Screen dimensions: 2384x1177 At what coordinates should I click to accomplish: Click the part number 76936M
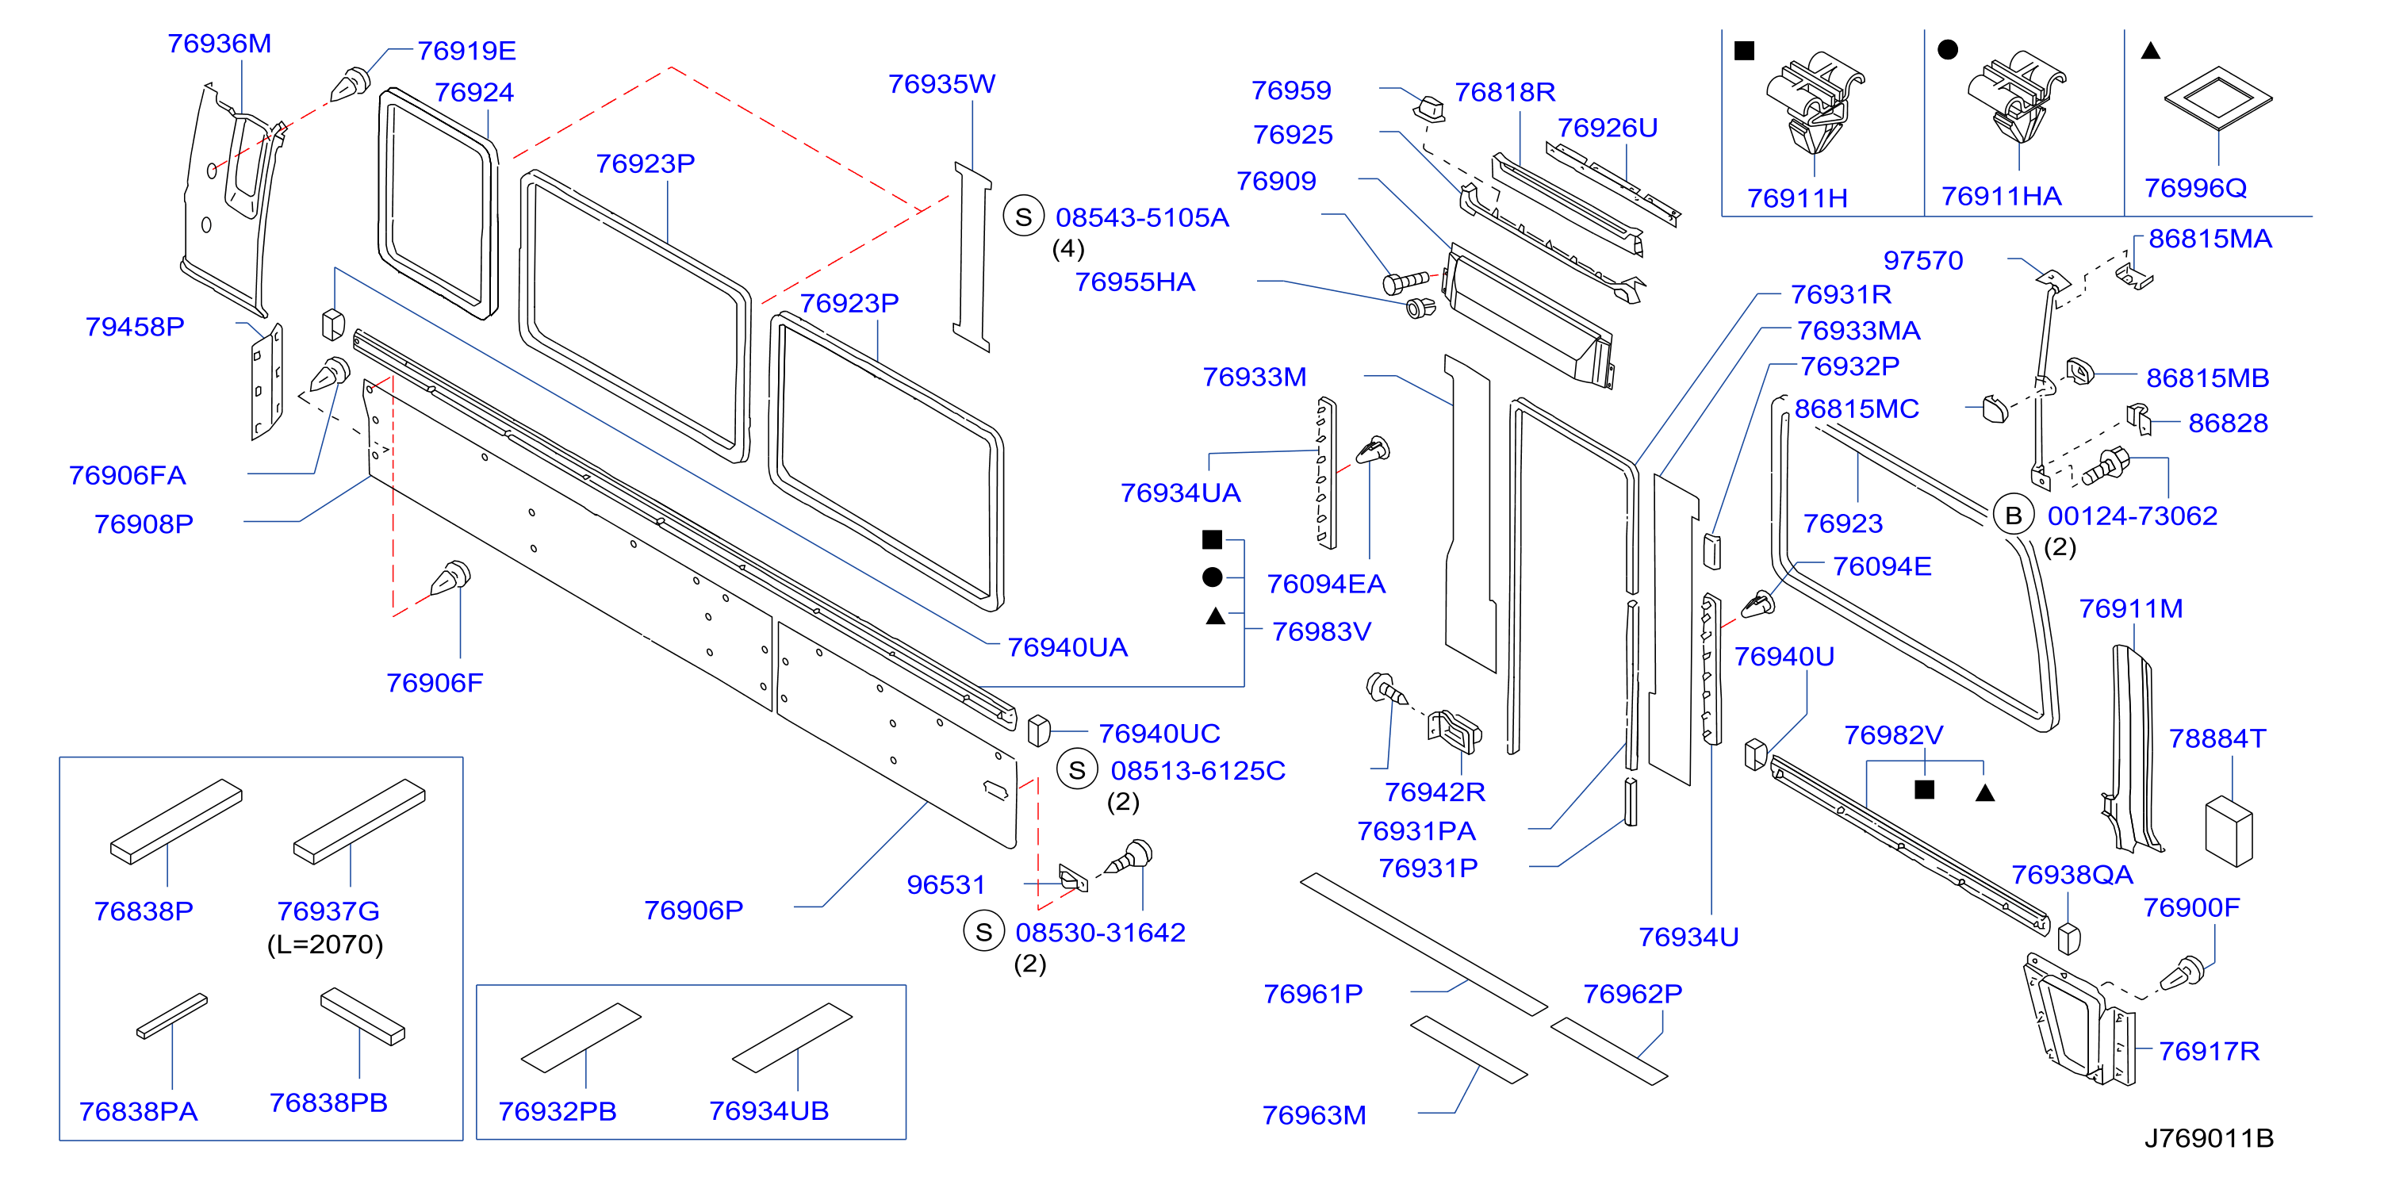click(220, 44)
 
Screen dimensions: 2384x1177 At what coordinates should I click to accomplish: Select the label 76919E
click(466, 51)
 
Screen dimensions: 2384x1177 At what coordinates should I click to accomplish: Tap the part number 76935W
click(941, 84)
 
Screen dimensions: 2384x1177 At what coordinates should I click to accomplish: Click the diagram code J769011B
click(2209, 1137)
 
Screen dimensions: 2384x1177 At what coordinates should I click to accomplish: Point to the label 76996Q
click(2195, 188)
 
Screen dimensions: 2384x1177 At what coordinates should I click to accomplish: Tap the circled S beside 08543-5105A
click(1024, 217)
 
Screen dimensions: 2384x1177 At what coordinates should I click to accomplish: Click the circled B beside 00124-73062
click(2013, 516)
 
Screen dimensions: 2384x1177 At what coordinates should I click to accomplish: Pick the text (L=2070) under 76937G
click(325, 945)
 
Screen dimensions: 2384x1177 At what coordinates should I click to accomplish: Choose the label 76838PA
click(139, 1111)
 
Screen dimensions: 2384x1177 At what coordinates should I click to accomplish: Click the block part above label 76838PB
click(362, 1015)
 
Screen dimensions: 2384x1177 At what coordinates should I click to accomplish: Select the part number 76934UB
click(768, 1110)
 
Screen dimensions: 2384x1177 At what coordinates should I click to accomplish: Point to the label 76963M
click(1314, 1115)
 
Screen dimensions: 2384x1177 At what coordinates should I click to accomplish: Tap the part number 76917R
click(2209, 1051)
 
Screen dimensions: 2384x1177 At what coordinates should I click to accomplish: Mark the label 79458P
click(135, 327)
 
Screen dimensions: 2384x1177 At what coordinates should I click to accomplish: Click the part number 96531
click(946, 884)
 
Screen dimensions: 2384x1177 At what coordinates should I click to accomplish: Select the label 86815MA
click(2210, 239)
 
